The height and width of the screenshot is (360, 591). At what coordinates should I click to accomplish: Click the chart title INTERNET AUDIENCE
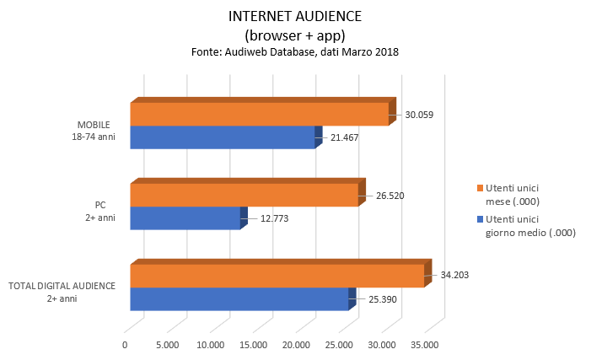pyautogui.click(x=294, y=16)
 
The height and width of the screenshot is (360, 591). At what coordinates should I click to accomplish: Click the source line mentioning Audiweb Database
pyautogui.click(x=294, y=52)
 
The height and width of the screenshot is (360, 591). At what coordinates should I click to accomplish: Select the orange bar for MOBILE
pyautogui.click(x=259, y=114)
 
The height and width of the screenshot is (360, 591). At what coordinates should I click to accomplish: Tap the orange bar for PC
pyautogui.click(x=244, y=195)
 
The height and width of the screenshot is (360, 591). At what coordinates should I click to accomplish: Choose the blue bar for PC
pyautogui.click(x=185, y=218)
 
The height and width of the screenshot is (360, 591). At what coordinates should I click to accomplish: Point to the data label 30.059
pyautogui.click(x=419, y=115)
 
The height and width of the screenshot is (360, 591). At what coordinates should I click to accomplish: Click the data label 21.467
pyautogui.click(x=345, y=137)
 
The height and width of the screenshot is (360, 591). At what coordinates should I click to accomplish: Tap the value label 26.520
pyautogui.click(x=390, y=196)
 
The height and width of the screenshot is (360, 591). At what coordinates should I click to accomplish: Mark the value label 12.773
pyautogui.click(x=275, y=218)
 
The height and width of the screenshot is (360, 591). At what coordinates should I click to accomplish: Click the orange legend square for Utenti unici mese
pyautogui.click(x=480, y=187)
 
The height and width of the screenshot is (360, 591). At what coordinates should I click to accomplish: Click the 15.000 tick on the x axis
pyautogui.click(x=253, y=344)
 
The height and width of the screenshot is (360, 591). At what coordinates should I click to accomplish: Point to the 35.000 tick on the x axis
pyautogui.click(x=424, y=344)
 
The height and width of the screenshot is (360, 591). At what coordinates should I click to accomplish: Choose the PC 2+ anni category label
pyautogui.click(x=100, y=211)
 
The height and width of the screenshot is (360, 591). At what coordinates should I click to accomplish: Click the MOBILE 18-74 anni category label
pyautogui.click(x=94, y=130)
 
